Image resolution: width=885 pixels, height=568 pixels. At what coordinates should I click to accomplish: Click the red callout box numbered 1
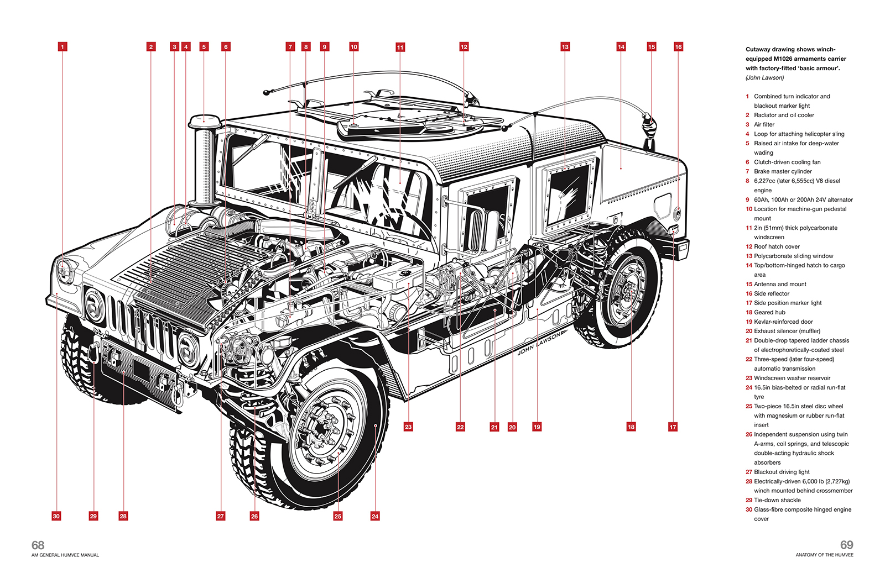pos(63,47)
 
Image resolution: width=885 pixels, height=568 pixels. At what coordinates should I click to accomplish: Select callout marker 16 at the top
pos(678,47)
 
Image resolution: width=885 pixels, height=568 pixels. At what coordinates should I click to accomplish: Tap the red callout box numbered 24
pos(375,516)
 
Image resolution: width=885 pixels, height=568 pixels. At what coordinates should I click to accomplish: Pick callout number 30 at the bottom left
pos(56,516)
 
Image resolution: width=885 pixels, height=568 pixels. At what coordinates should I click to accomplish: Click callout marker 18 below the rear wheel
pos(631,427)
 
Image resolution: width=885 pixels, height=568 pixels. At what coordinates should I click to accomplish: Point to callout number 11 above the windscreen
pos(400,48)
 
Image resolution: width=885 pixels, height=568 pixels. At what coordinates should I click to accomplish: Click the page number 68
pos(38,545)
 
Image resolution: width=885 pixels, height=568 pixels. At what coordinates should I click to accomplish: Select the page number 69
pos(846,545)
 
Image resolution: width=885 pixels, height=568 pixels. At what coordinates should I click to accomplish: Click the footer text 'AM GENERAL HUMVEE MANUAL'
pos(65,555)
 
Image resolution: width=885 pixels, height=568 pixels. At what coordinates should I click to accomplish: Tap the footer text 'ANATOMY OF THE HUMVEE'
pos(824,555)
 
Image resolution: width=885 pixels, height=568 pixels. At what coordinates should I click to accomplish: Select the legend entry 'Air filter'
pos(764,125)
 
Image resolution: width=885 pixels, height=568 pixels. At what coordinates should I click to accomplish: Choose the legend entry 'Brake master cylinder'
pos(783,172)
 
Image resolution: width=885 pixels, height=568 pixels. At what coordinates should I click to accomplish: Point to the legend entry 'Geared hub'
pos(769,312)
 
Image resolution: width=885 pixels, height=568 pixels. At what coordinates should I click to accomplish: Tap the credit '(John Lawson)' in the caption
pos(764,78)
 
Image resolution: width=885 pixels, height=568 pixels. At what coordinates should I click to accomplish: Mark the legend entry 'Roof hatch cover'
pos(777,246)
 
